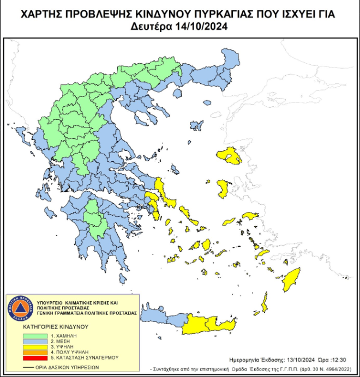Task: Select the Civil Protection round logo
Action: (19, 309)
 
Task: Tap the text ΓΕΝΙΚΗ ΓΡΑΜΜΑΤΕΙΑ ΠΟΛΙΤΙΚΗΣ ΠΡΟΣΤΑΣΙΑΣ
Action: (87, 314)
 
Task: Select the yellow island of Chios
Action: (223, 189)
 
